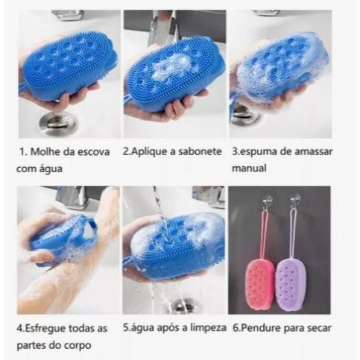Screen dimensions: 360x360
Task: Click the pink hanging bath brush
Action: [x=260, y=283]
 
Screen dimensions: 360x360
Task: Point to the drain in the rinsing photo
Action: [x=183, y=306]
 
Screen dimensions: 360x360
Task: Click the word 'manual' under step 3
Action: [x=249, y=168]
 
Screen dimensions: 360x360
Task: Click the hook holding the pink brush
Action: [x=267, y=200]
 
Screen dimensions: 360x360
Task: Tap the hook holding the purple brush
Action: [x=295, y=200]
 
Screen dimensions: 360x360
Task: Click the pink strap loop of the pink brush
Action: [x=264, y=233]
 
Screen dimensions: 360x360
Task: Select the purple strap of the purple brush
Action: [x=294, y=233]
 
